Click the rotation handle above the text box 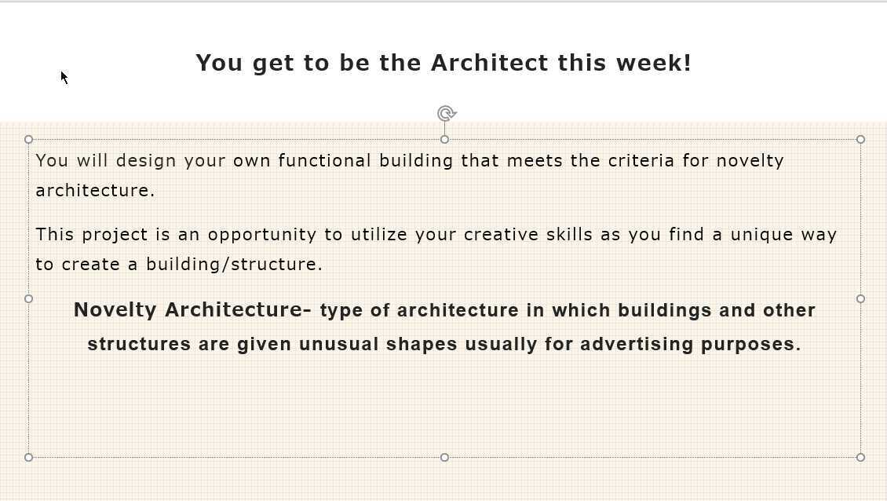tap(446, 114)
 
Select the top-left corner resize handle tap(29, 140)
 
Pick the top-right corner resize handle tap(860, 140)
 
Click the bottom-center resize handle tap(444, 457)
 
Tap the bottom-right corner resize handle tap(860, 457)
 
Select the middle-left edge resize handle tap(29, 298)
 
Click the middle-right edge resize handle tap(860, 298)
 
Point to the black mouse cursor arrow tap(64, 77)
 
